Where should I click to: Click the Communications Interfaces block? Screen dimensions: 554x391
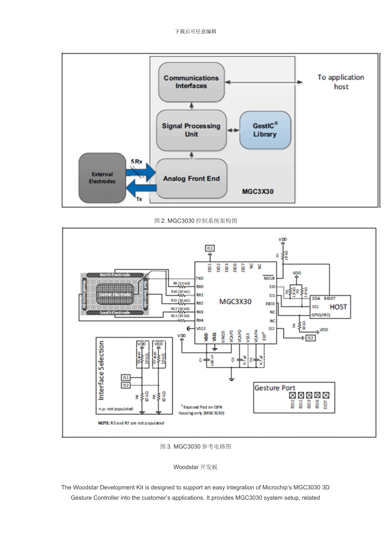pyautogui.click(x=191, y=82)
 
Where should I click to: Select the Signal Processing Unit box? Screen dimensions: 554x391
pyautogui.click(x=191, y=130)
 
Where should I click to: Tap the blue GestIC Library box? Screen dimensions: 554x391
pyautogui.click(x=265, y=130)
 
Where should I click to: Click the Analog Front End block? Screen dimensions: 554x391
pyautogui.click(x=191, y=178)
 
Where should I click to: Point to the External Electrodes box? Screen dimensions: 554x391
pyautogui.click(x=102, y=178)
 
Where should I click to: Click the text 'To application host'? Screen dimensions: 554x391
pyautogui.click(x=341, y=82)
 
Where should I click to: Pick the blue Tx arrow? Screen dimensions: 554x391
pyautogui.click(x=140, y=190)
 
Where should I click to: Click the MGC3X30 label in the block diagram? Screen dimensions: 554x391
pyautogui.click(x=258, y=192)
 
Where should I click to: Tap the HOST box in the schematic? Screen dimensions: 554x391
pyautogui.click(x=338, y=307)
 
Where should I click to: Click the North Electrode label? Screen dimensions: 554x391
pyautogui.click(x=115, y=275)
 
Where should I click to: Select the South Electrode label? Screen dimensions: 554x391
pyautogui.click(x=115, y=313)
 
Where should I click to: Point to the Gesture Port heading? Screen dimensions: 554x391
pyautogui.click(x=275, y=388)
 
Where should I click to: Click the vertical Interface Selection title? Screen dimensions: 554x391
pyautogui.click(x=101, y=370)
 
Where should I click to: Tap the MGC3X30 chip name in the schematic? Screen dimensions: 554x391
pyautogui.click(x=235, y=302)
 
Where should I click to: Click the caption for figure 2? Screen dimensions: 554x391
pyautogui.click(x=195, y=221)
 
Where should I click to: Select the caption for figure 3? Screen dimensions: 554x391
pyautogui.click(x=195, y=446)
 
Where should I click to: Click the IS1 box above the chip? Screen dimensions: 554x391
pyautogui.click(x=210, y=248)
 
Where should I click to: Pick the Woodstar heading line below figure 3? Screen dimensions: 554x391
pyautogui.click(x=195, y=467)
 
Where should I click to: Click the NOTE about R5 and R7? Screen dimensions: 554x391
pyautogui.click(x=130, y=423)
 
